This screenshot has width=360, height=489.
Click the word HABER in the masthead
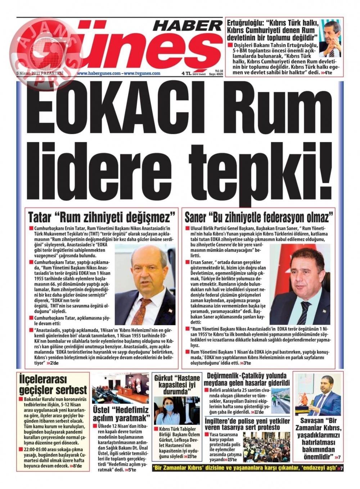(x=188, y=26)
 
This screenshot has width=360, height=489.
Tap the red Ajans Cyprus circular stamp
(x=46, y=50)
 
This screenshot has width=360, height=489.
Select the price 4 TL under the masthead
(x=186, y=73)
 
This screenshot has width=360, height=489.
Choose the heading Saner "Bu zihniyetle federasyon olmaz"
(x=259, y=217)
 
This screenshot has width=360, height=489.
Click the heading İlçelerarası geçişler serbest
(x=53, y=384)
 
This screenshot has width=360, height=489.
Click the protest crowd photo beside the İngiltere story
(x=266, y=447)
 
